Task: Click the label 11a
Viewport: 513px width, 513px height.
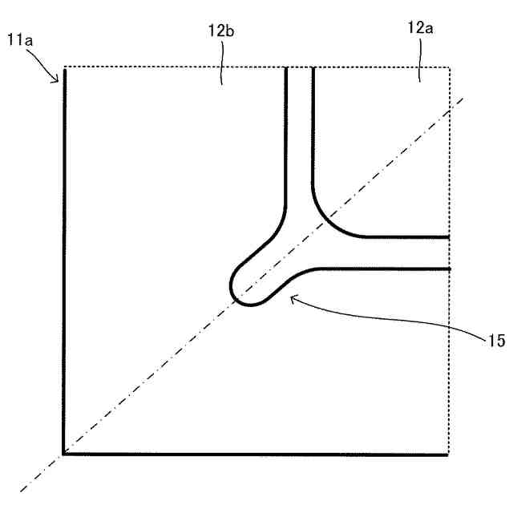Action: (x=22, y=38)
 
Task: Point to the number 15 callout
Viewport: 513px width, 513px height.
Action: (x=495, y=340)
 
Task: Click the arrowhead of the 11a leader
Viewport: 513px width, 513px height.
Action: (x=58, y=80)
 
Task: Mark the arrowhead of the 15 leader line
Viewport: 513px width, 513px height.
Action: (x=292, y=297)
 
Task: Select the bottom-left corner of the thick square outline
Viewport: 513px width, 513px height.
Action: (x=63, y=454)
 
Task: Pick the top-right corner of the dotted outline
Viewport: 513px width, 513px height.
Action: (x=449, y=67)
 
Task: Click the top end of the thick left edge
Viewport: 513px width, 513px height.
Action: (x=63, y=70)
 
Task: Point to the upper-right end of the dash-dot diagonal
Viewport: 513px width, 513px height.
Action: (x=464, y=99)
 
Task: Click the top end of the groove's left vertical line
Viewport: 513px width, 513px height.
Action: (x=286, y=69)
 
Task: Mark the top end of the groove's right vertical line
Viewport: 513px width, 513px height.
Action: (x=312, y=69)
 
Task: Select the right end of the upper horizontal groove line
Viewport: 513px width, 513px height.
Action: (x=448, y=237)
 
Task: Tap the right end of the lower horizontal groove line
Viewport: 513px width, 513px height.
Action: (x=448, y=269)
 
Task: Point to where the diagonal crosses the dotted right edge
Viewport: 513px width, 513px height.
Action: (x=449, y=111)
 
